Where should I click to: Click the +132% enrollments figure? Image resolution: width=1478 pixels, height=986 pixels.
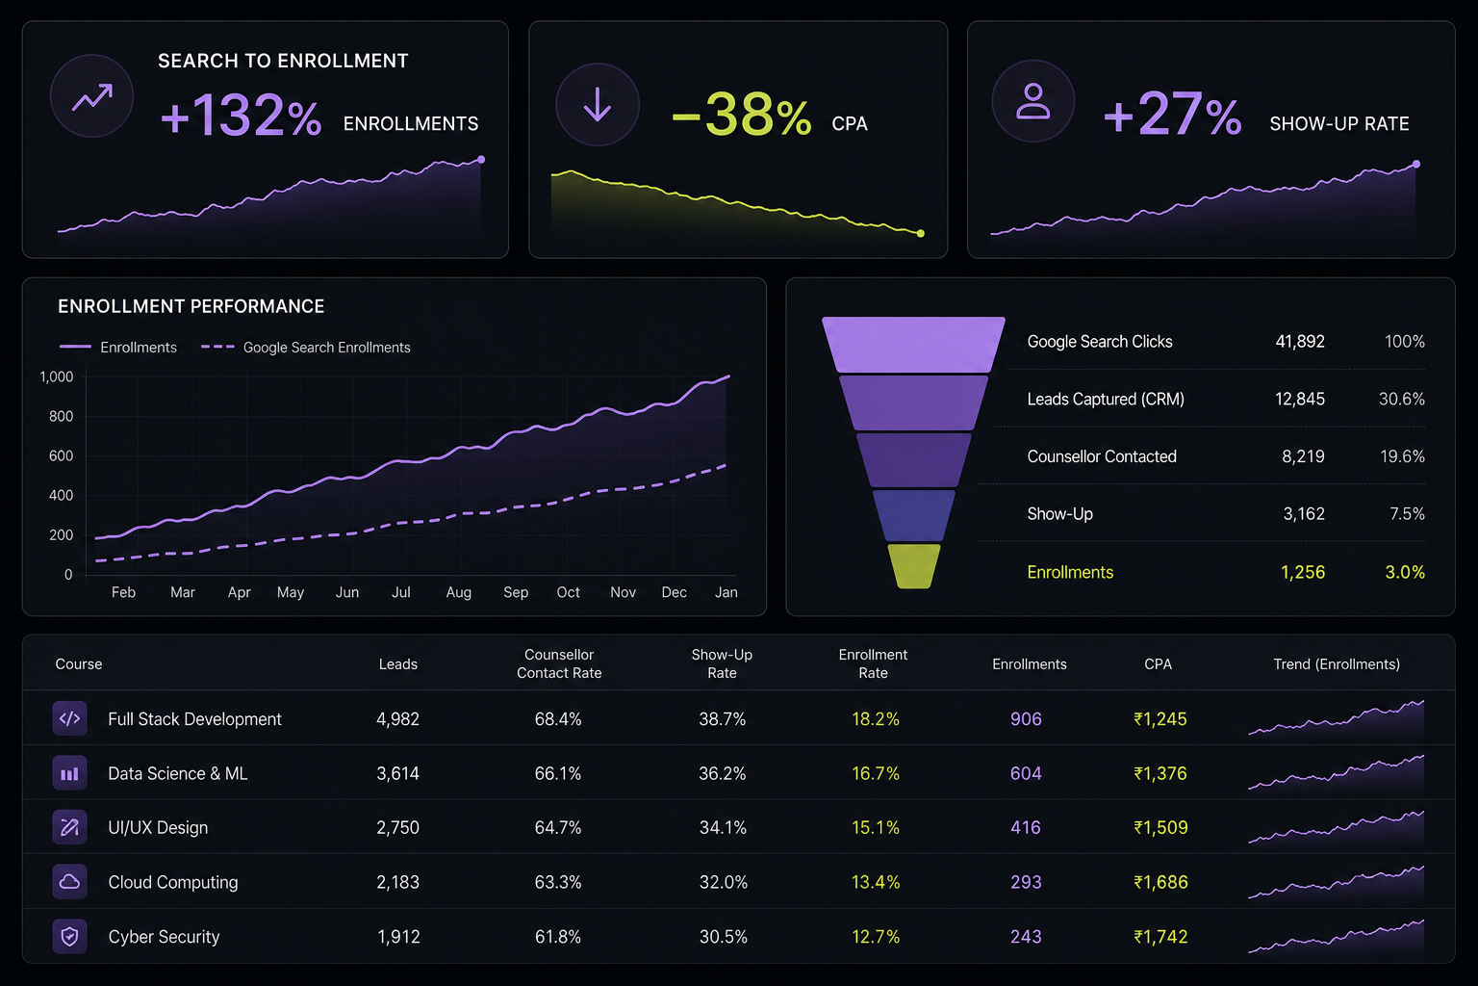click(241, 116)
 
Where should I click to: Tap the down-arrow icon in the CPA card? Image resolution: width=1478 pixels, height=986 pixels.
click(598, 104)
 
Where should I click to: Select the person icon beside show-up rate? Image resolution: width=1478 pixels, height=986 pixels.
click(1032, 101)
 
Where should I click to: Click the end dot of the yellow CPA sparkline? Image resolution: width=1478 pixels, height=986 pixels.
click(921, 233)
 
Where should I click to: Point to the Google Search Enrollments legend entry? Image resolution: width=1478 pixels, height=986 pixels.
click(305, 348)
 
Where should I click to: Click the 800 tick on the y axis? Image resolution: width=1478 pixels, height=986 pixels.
click(61, 416)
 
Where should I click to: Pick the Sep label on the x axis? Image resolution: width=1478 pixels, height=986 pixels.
click(516, 592)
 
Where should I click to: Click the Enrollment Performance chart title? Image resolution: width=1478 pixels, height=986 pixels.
click(191, 306)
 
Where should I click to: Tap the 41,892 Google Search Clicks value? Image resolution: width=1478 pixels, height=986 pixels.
click(1300, 342)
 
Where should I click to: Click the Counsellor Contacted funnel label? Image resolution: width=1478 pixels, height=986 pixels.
click(1101, 456)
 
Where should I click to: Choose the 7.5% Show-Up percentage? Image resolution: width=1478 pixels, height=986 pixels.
click(1407, 514)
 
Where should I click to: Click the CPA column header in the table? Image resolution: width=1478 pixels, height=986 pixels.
click(1158, 663)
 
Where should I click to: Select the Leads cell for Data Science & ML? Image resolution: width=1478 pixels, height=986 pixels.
click(397, 773)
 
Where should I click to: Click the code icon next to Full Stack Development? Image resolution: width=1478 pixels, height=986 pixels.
click(69, 718)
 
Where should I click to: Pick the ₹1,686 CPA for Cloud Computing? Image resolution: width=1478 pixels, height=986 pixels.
click(1160, 882)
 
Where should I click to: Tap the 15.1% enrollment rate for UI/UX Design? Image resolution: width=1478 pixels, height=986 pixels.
click(876, 827)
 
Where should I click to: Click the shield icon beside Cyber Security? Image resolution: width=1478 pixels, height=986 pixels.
click(69, 937)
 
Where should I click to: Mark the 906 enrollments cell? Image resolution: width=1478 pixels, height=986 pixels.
click(1026, 718)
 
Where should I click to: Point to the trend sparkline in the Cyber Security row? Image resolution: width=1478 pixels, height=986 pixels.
click(1337, 937)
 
